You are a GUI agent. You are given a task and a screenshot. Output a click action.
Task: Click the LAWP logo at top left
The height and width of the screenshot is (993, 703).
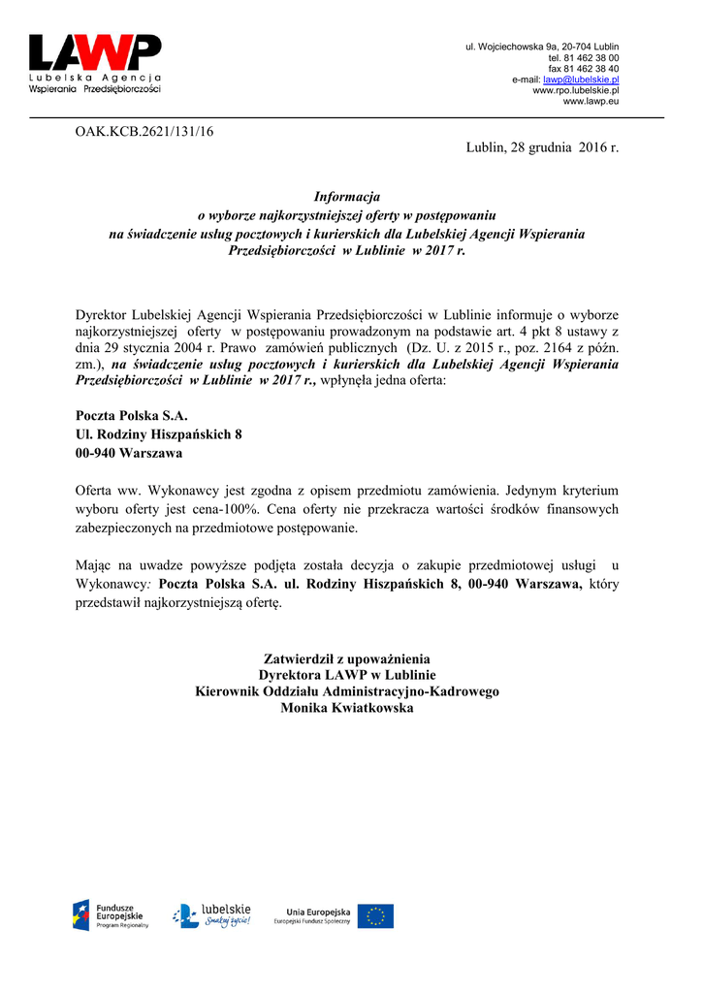(x=94, y=62)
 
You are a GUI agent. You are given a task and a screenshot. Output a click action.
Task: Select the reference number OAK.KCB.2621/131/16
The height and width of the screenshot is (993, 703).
(x=144, y=132)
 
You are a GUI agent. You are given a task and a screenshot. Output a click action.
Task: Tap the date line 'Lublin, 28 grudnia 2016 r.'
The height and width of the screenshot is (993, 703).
(x=541, y=148)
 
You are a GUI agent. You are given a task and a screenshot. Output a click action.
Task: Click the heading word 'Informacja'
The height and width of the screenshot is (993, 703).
(x=347, y=196)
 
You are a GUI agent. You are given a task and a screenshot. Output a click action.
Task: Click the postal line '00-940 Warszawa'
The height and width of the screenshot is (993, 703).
(x=128, y=452)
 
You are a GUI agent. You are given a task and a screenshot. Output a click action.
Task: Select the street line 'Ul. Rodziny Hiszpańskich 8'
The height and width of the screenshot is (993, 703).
(x=158, y=433)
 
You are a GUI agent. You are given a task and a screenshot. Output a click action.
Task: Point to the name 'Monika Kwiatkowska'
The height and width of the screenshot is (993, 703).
(x=347, y=709)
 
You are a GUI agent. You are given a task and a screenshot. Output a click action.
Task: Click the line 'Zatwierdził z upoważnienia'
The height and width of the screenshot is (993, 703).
(x=347, y=659)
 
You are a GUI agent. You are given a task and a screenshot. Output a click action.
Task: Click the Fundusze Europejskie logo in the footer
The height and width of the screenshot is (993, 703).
(x=111, y=913)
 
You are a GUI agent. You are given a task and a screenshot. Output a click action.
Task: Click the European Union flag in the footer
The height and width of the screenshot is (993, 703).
(x=375, y=915)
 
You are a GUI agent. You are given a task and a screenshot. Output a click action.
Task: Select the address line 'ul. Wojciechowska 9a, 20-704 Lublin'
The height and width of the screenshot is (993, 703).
(x=542, y=47)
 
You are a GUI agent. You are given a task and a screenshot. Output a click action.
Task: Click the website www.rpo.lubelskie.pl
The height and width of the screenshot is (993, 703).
(x=576, y=90)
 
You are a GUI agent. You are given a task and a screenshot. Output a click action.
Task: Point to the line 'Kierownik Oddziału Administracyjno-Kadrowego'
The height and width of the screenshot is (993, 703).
(x=347, y=692)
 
